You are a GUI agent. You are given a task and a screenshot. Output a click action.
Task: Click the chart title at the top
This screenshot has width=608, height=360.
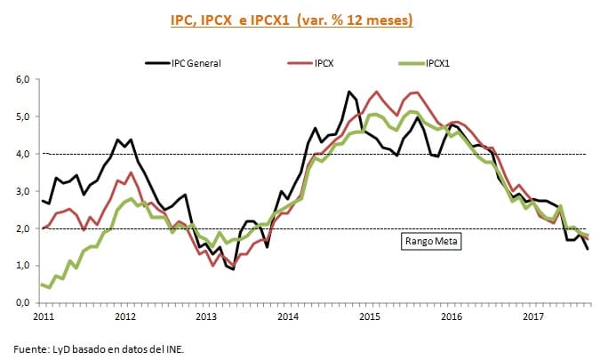[304, 19]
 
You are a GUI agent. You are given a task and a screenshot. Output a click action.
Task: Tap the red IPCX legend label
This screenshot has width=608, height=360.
[325, 63]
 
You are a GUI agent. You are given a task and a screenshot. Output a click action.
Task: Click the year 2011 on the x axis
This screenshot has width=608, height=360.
[43, 316]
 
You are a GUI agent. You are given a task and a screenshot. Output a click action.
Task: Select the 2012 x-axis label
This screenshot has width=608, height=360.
[124, 316]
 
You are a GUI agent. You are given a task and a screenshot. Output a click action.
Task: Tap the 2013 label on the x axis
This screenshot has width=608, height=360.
[206, 316]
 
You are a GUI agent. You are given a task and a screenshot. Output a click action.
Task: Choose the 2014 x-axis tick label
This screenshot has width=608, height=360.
[288, 316]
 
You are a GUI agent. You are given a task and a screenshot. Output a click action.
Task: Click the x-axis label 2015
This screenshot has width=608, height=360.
[370, 316]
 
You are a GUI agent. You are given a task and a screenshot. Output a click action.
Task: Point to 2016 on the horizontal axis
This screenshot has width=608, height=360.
[452, 316]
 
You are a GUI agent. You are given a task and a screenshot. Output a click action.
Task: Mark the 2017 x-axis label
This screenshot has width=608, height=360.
[533, 316]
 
